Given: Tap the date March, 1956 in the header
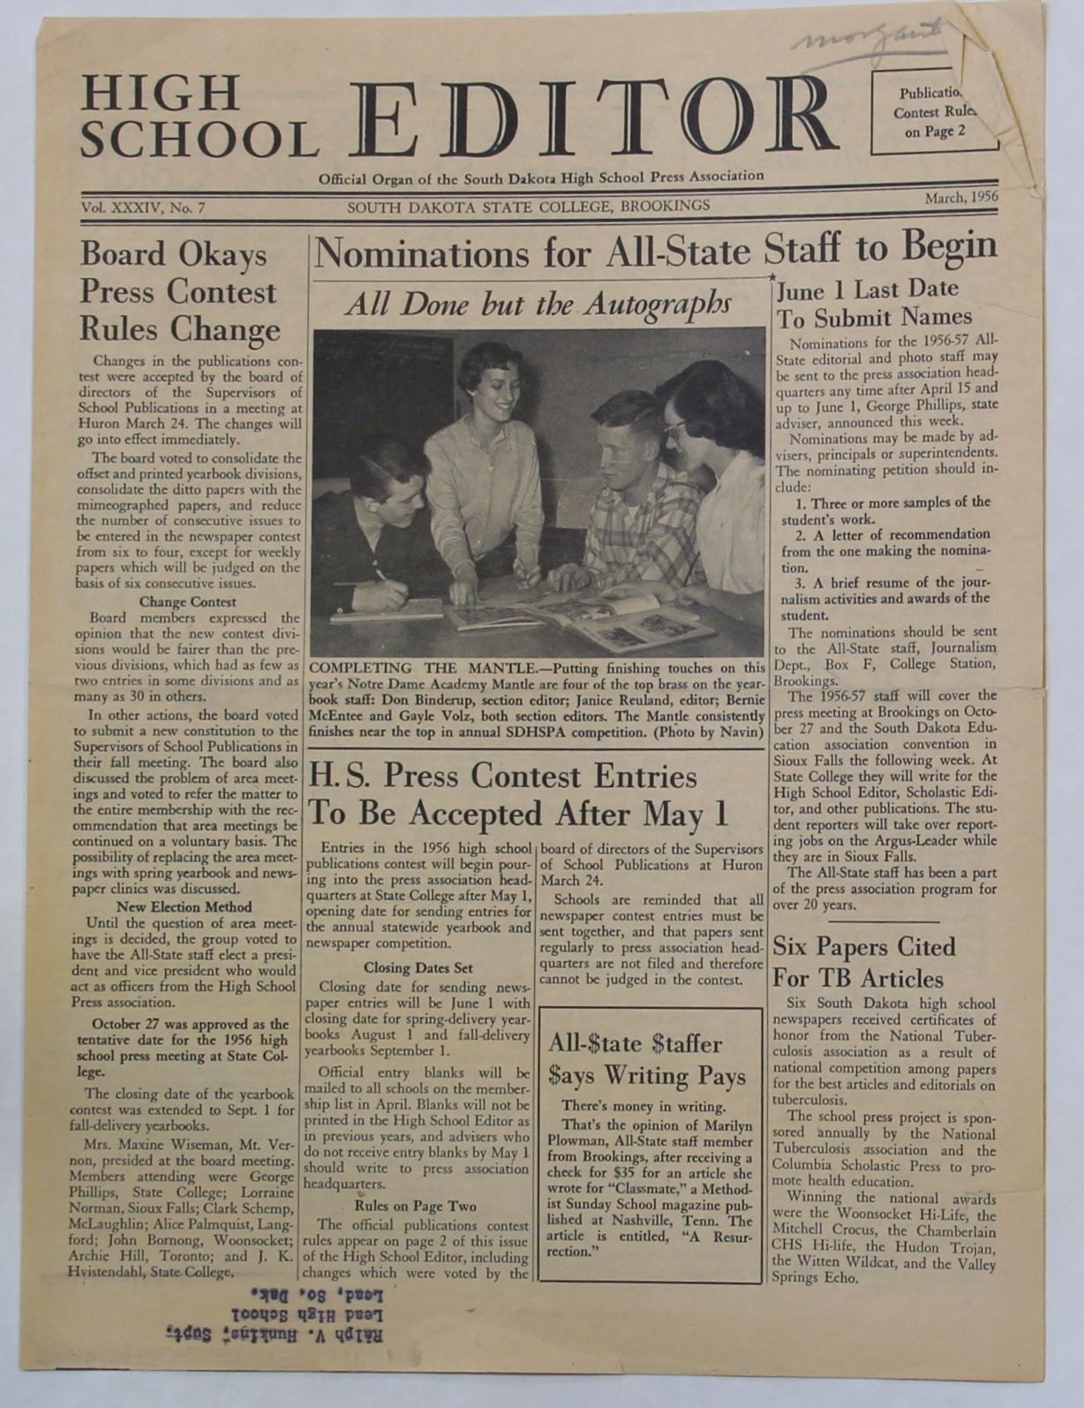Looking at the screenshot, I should pos(960,198).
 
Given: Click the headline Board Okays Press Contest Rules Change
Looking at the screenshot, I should pos(179,291).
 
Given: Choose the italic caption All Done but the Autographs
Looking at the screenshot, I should pos(538,304).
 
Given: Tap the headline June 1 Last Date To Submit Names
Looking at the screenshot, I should pos(874,303).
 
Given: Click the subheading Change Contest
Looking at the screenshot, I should pos(188,602).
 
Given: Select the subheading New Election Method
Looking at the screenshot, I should pos(184,906).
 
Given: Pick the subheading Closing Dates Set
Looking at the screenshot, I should pos(418,968).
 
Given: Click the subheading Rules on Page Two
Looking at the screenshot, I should pos(415,1206).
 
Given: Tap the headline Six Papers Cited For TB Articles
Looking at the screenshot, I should pos(864,962).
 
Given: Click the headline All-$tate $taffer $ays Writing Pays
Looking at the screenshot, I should pos(647,1059).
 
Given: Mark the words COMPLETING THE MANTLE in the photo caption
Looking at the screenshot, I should pos(424,668).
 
